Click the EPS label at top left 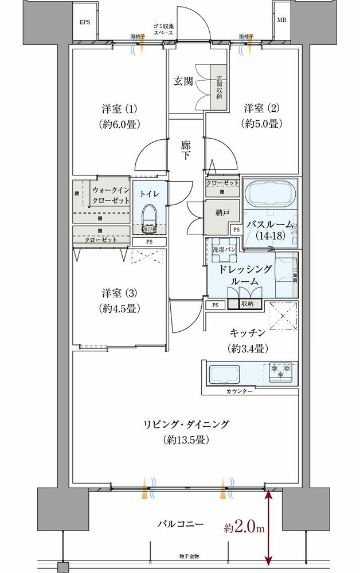(x=85, y=22)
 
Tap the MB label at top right (x=281, y=19)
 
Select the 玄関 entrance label (x=183, y=81)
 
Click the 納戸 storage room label (x=222, y=213)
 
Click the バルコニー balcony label (x=181, y=524)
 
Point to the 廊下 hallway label (x=186, y=150)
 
